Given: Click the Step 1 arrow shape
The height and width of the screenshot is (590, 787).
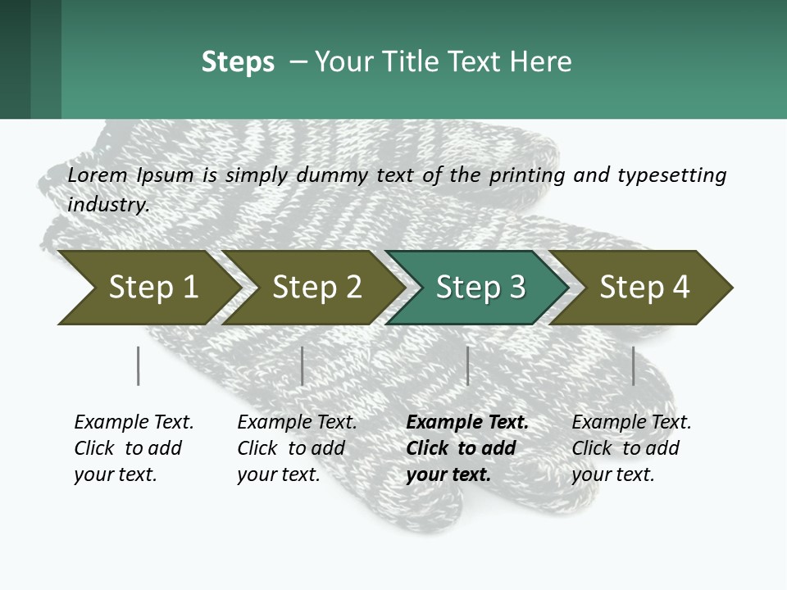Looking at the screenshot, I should pyautogui.click(x=148, y=288).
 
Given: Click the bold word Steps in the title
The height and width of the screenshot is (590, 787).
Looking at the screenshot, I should pyautogui.click(x=238, y=62).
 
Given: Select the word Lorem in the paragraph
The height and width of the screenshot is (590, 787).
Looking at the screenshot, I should pyautogui.click(x=98, y=175).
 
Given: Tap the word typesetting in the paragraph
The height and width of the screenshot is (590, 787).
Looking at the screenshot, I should pyautogui.click(x=671, y=175).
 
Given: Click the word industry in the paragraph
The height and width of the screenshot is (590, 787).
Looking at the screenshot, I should pyautogui.click(x=107, y=203).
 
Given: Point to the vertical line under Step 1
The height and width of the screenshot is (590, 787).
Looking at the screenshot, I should pyautogui.click(x=138, y=365).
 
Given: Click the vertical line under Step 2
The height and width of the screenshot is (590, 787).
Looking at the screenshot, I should pyautogui.click(x=303, y=365).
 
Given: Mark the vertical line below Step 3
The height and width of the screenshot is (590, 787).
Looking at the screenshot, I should pyautogui.click(x=467, y=365).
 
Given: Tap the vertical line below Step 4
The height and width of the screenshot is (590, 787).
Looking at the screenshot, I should pyautogui.click(x=633, y=365).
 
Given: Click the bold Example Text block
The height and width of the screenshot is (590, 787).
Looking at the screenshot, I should pyautogui.click(x=466, y=448).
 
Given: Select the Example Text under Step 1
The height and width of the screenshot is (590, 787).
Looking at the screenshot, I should pyautogui.click(x=133, y=448).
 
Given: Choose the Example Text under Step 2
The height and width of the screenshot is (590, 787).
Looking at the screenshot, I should pyautogui.click(x=296, y=448).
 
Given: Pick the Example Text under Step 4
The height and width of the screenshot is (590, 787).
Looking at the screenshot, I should pyautogui.click(x=630, y=448).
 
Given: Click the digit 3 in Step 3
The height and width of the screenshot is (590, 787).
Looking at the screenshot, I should pyautogui.click(x=516, y=288).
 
